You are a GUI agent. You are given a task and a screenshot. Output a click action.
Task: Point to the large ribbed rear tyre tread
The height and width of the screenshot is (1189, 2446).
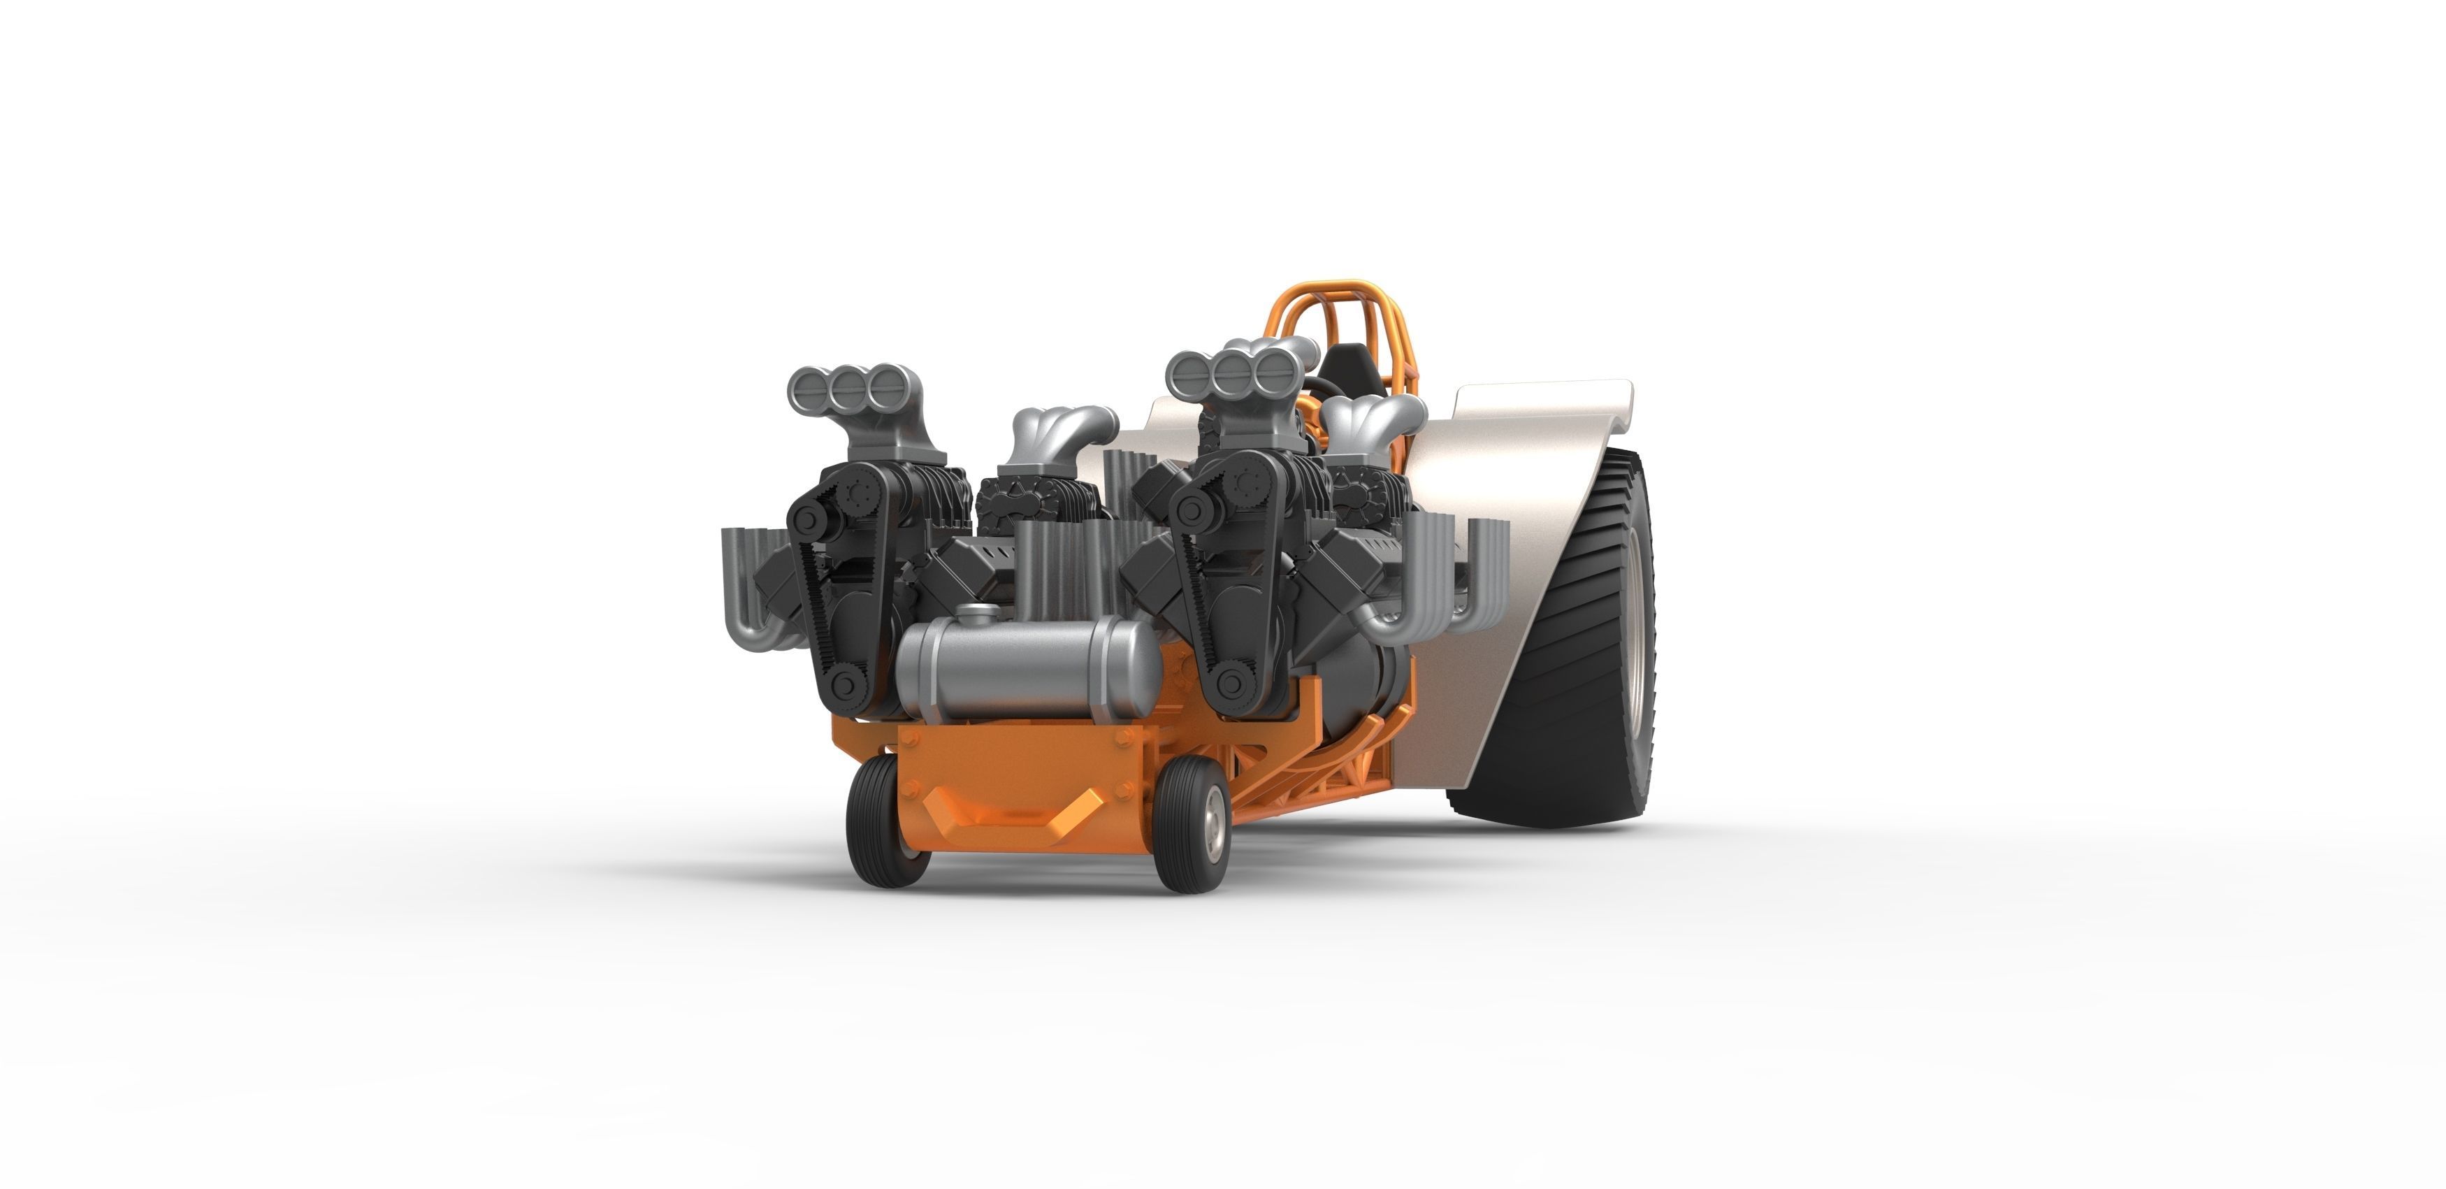click(1567, 665)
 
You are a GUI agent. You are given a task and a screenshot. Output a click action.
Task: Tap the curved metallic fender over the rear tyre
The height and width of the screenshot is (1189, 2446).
click(1519, 475)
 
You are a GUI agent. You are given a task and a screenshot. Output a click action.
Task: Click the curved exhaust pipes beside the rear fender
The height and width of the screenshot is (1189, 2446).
click(1424, 589)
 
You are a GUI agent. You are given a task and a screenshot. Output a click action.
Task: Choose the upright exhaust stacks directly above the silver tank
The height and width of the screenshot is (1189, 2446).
click(1064, 570)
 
